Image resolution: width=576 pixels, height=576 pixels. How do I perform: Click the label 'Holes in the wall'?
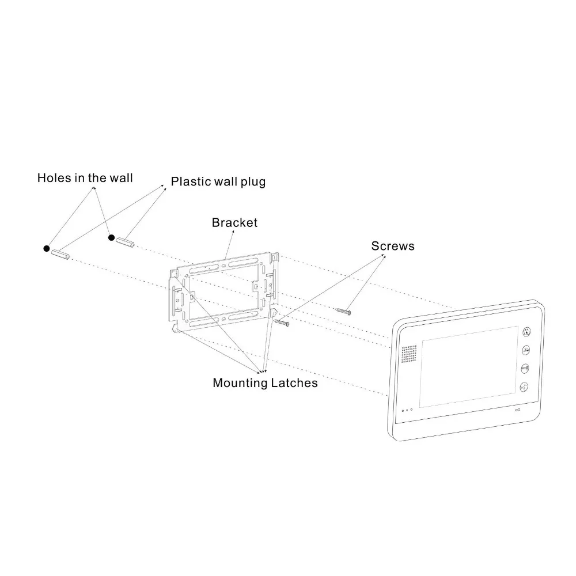(85, 178)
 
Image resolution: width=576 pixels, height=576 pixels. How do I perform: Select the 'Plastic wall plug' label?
(218, 182)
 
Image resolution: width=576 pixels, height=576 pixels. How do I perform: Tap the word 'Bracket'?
(234, 222)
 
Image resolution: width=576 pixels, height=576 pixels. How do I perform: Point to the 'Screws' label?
(393, 246)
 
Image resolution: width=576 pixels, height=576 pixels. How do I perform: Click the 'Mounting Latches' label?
(265, 383)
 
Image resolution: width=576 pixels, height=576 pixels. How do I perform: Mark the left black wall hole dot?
(47, 249)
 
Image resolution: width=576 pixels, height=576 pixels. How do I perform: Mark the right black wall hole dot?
(112, 238)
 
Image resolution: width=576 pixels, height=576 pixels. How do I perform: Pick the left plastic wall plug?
(60, 254)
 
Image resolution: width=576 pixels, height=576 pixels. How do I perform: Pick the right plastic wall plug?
(125, 243)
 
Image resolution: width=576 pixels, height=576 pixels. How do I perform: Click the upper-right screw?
(343, 312)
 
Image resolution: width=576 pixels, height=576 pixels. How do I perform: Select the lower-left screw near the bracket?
(282, 323)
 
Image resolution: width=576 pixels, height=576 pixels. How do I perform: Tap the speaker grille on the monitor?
(409, 354)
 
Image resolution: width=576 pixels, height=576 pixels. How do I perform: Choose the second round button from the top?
(526, 350)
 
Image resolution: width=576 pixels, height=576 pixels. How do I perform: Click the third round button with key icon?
(525, 368)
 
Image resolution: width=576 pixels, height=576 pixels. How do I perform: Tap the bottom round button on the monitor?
(524, 387)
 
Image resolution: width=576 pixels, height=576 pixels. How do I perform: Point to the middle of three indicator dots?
(407, 410)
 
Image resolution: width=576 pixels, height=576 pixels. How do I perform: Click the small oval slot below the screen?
(517, 410)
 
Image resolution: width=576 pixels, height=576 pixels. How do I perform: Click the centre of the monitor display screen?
(469, 367)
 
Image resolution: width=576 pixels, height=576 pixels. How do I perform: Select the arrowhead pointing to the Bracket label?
(233, 232)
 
